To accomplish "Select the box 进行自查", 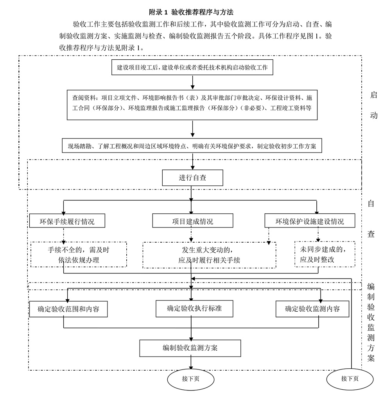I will tap(192, 178).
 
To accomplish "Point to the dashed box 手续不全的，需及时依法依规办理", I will tap(79, 254).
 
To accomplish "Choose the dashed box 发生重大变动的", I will tap(209, 255).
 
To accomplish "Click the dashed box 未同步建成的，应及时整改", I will tap(325, 254).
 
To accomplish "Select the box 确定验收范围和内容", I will tap(68, 309).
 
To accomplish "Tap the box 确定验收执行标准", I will tap(194, 308).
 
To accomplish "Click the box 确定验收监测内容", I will tap(312, 309).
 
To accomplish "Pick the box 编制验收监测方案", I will tap(190, 348).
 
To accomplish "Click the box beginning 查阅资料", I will tap(192, 103).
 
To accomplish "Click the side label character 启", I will tap(373, 95).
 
